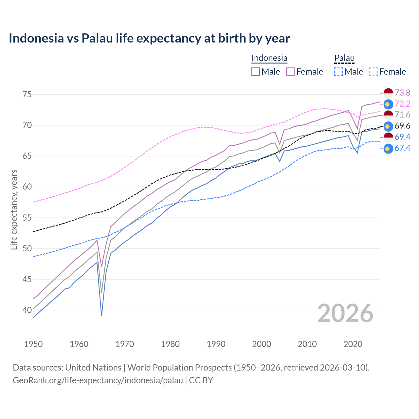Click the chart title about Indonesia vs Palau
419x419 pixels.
pyautogui.click(x=149, y=38)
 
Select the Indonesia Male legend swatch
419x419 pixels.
pyautogui.click(x=256, y=72)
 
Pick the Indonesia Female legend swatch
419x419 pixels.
pyautogui.click(x=290, y=72)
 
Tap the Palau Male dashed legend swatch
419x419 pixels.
pyautogui.click(x=338, y=72)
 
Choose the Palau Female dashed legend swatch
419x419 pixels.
pyautogui.click(x=373, y=72)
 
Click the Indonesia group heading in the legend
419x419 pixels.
pyautogui.click(x=269, y=58)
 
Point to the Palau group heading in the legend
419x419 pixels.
pyautogui.click(x=344, y=58)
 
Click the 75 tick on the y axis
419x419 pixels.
pyautogui.click(x=27, y=95)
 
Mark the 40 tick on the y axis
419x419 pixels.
pyautogui.click(x=27, y=310)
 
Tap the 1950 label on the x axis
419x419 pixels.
pyautogui.click(x=33, y=344)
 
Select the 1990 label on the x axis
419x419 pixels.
pyautogui.click(x=216, y=344)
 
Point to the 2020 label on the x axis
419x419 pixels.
pyautogui.click(x=353, y=344)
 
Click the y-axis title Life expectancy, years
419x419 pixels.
pyautogui.click(x=14, y=209)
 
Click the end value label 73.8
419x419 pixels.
pyautogui.click(x=402, y=93)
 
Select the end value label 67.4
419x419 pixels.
pyautogui.click(x=402, y=148)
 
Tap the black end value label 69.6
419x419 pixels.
pyautogui.click(x=402, y=126)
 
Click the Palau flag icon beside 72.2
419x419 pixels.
pyautogui.click(x=388, y=104)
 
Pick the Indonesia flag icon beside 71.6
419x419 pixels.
pyautogui.click(x=388, y=115)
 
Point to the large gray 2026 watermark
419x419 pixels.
pyautogui.click(x=345, y=314)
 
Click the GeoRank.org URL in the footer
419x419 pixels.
pyautogui.click(x=98, y=380)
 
